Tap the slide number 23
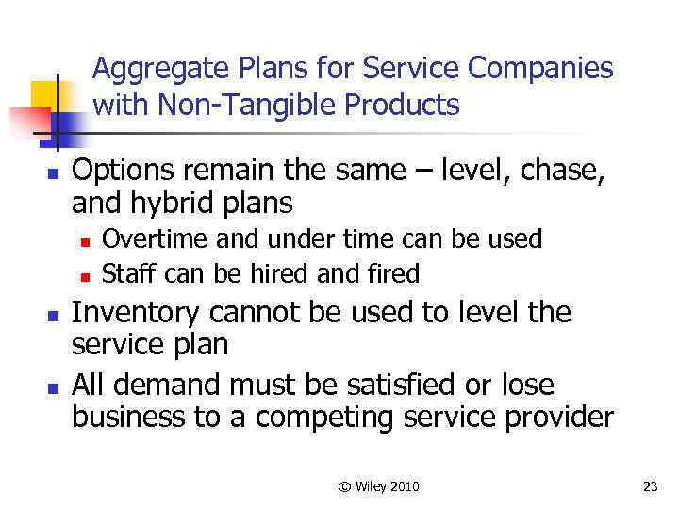coord(650,486)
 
